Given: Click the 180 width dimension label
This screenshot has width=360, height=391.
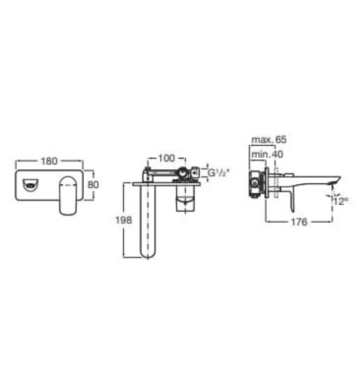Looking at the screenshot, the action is point(49,161).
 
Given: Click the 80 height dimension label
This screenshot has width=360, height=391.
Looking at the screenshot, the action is point(93,185).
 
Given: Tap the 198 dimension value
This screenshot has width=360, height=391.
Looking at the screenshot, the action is point(123,220).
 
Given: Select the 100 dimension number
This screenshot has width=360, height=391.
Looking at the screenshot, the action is point(166,158).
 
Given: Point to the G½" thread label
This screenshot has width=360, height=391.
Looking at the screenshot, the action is point(218,173).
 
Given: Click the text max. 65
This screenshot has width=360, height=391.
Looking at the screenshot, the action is point(269,140).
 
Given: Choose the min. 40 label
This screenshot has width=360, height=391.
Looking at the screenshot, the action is point(267,154).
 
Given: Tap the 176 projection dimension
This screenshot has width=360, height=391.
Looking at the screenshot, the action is point(299,222).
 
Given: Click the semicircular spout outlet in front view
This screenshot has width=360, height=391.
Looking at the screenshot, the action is point(30,185).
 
